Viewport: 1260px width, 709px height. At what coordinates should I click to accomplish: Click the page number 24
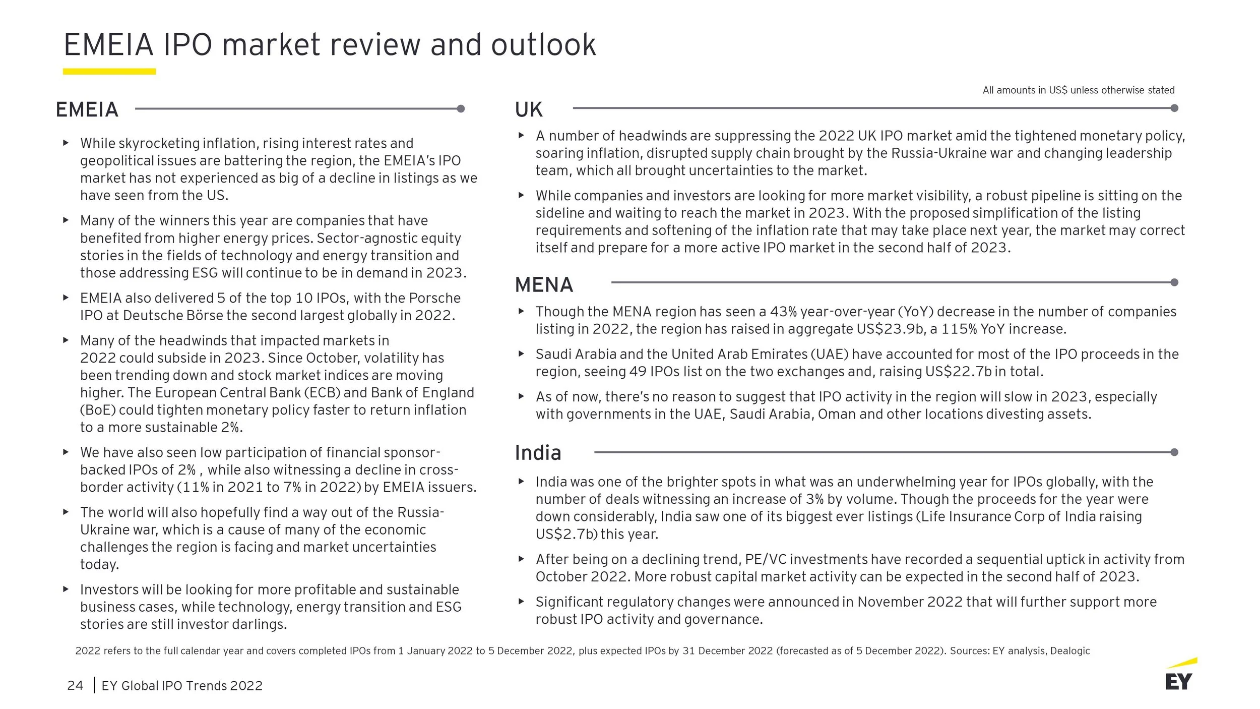pyautogui.click(x=75, y=686)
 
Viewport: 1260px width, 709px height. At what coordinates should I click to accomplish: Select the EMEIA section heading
pyautogui.click(x=87, y=109)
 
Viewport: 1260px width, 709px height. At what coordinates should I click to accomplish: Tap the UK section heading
pyautogui.click(x=528, y=109)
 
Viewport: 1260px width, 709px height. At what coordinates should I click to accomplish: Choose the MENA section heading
pyautogui.click(x=544, y=285)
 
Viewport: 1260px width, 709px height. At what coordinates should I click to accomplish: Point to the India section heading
pyautogui.click(x=538, y=453)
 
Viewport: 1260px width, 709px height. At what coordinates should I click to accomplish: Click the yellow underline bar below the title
pyautogui.click(x=109, y=72)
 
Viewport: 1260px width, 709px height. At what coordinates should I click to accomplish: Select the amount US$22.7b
pyautogui.click(x=959, y=372)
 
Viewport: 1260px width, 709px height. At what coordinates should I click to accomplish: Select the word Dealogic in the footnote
pyautogui.click(x=1070, y=651)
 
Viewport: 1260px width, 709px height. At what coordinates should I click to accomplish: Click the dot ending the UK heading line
pyautogui.click(x=1174, y=108)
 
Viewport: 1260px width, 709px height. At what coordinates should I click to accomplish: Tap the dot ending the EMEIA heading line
pyautogui.click(x=461, y=108)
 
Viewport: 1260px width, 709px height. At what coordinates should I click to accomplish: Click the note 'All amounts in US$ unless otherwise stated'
pyautogui.click(x=1078, y=90)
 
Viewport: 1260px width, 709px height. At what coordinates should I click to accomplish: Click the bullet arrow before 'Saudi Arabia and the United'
pyautogui.click(x=522, y=354)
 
